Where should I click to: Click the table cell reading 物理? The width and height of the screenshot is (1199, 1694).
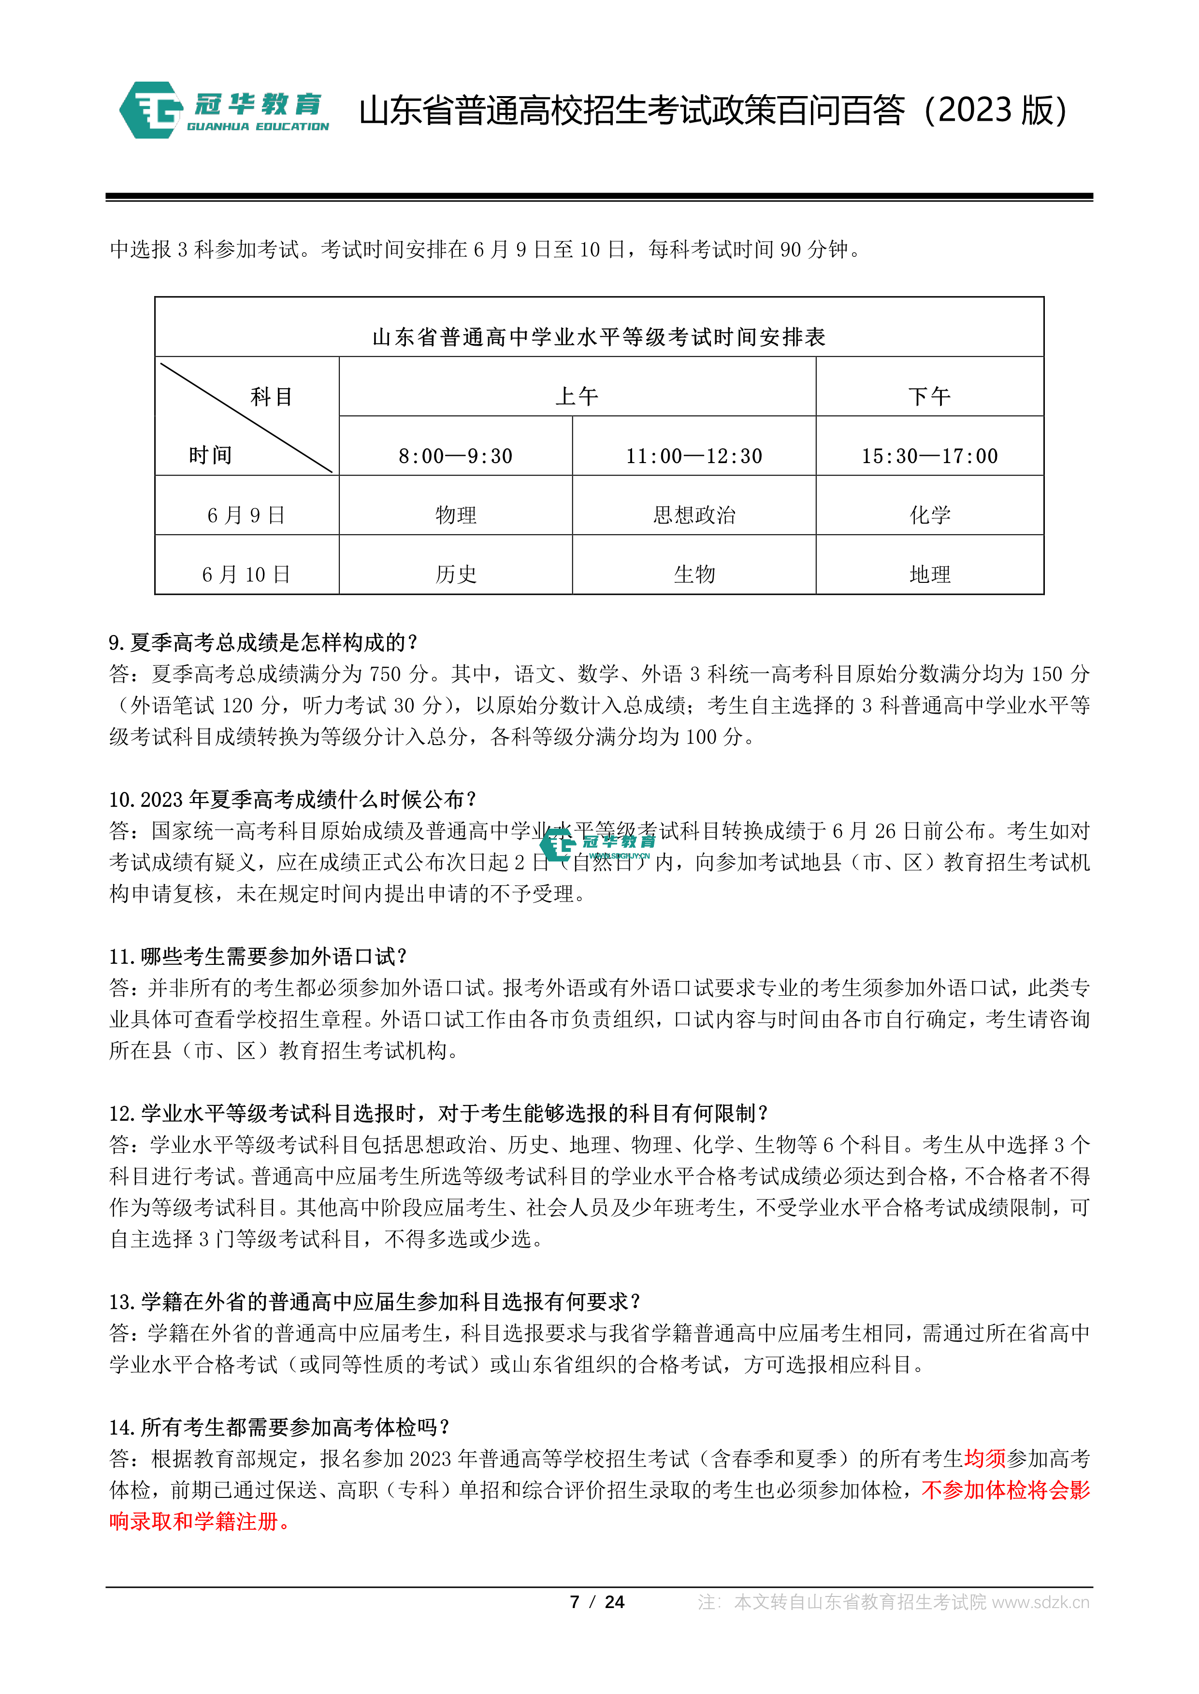(456, 514)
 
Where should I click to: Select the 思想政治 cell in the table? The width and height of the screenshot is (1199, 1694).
(694, 514)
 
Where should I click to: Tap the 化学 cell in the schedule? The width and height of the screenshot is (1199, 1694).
(929, 514)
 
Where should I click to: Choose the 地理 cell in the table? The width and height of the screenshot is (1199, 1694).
(929, 574)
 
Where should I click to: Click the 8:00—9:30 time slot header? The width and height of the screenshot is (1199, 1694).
(456, 456)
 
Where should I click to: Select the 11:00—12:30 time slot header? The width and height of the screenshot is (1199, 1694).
(694, 456)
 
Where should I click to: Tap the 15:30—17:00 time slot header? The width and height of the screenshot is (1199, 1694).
(929, 456)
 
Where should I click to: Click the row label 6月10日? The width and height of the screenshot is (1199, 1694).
(246, 574)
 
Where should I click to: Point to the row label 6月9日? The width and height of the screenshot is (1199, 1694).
(246, 515)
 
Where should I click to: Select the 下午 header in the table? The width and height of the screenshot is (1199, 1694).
(929, 396)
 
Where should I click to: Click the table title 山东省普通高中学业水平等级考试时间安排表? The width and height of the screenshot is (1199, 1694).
(599, 337)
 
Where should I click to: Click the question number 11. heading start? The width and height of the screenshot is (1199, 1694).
(123, 957)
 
